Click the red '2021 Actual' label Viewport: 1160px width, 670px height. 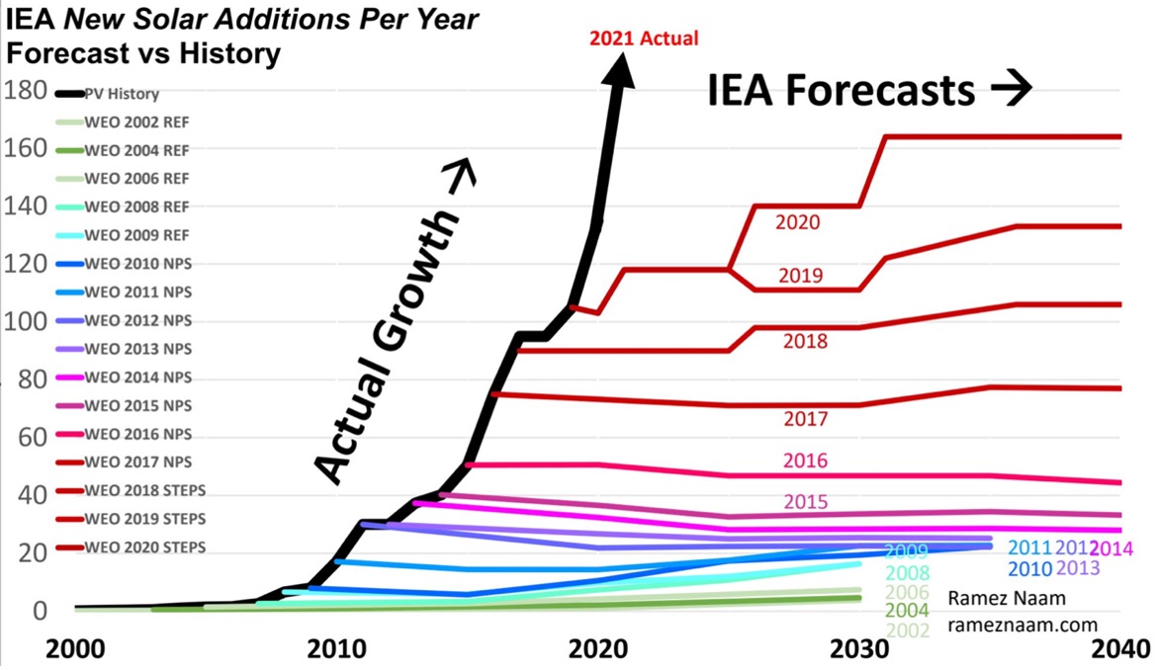644,39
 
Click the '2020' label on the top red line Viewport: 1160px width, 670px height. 797,223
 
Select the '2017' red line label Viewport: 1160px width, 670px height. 805,420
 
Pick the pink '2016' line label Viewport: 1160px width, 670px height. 805,461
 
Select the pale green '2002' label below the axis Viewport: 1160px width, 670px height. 908,630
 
